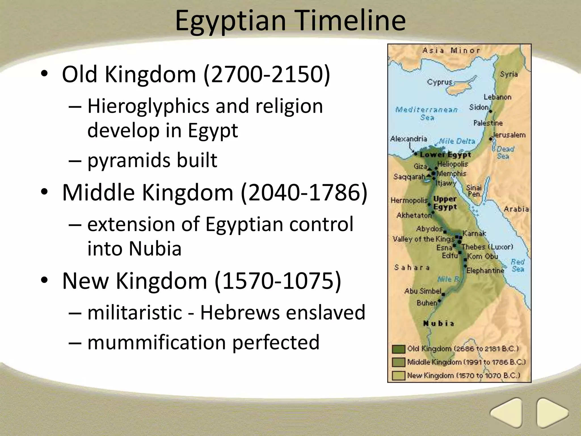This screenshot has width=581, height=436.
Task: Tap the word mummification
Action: pos(156,342)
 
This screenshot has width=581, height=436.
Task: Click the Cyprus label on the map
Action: pos(439,82)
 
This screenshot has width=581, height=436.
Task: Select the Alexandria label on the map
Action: pos(409,139)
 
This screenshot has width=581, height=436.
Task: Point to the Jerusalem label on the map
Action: pos(509,135)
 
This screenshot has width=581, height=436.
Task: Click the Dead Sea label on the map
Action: pos(505,152)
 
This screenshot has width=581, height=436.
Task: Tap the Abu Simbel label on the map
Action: pos(423,291)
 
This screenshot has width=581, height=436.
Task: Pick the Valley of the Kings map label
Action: pos(423,239)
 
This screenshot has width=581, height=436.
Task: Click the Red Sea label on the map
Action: pos(517,265)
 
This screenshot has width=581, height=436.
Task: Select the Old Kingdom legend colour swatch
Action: pos(398,349)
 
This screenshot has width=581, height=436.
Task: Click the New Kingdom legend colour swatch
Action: pos(398,376)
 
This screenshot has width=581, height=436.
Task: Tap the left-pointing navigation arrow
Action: pos(506,412)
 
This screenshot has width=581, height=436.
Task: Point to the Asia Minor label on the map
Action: pos(451,51)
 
